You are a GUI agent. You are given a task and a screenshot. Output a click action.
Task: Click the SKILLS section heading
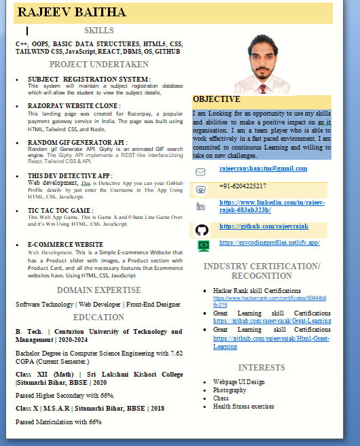[98, 31]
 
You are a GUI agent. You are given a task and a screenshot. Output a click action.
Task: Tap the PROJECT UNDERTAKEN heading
[98, 65]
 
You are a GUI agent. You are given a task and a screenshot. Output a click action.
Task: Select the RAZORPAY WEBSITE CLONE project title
[73, 106]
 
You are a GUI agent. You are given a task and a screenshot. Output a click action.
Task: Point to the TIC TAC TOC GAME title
[60, 210]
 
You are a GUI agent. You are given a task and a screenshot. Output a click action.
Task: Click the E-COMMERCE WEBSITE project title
[65, 244]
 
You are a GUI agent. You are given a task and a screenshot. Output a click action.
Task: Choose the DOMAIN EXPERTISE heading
[98, 290]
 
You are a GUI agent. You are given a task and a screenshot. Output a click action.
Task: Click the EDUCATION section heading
[98, 318]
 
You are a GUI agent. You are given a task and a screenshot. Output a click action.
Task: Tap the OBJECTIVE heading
[217, 99]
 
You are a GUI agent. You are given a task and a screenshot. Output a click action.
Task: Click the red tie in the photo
[262, 87]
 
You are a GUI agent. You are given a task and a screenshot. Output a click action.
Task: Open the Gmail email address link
[263, 169]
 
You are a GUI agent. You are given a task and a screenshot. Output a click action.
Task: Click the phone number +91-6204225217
[242, 186]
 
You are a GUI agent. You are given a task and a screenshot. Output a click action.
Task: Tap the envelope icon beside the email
[201, 171]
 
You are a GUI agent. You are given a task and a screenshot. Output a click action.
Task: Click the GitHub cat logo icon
[202, 229]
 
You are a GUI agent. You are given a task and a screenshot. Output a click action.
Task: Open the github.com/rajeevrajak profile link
[264, 226]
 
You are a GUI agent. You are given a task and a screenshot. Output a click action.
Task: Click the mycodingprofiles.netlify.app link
[269, 243]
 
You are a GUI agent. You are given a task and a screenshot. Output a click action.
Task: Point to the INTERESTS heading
[262, 368]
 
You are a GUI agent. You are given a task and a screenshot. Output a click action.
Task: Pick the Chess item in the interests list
[221, 398]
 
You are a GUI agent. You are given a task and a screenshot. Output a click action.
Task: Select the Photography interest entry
[230, 390]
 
